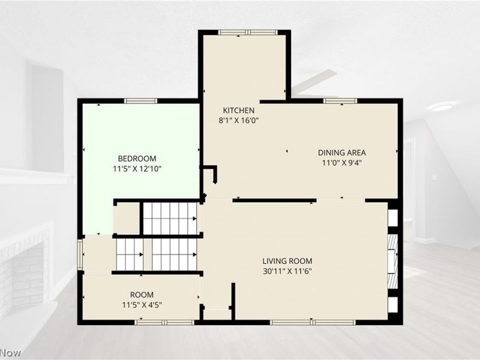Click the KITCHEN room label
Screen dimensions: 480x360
tap(238, 110)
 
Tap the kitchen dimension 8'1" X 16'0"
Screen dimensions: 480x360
tap(239, 121)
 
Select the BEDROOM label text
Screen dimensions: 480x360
tap(137, 158)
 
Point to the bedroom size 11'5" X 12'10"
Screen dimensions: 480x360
tap(137, 169)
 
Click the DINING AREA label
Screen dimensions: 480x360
tap(342, 152)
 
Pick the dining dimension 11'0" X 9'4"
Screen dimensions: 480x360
tap(342, 163)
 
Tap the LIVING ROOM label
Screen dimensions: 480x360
tap(287, 261)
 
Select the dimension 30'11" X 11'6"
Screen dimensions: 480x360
tap(287, 271)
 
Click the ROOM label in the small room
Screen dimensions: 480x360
tap(142, 295)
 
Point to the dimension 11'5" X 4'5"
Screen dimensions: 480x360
tap(142, 305)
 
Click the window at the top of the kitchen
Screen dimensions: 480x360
tap(248, 32)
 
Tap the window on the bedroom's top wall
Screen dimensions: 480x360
tap(140, 101)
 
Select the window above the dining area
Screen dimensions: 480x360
tap(340, 101)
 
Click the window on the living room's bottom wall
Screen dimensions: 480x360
tap(313, 322)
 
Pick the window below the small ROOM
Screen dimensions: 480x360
tap(164, 322)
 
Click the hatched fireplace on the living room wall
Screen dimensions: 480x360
tap(392, 262)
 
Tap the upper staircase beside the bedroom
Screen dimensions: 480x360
tap(170, 218)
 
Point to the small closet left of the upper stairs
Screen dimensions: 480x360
tap(127, 218)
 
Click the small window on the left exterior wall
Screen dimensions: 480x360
tap(80, 254)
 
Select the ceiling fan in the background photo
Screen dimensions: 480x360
tap(314, 82)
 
